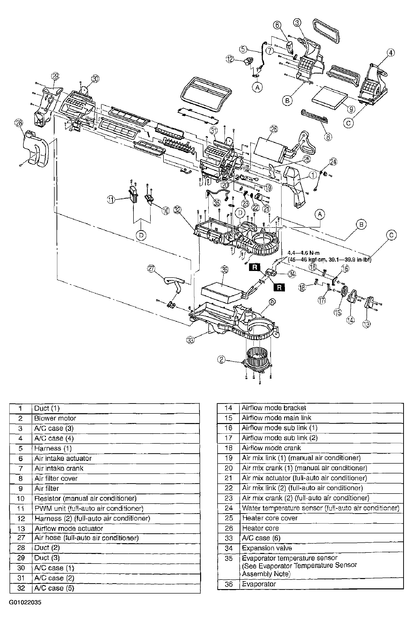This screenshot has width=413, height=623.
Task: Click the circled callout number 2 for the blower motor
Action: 221,359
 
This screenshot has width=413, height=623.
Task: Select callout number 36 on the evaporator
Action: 224,269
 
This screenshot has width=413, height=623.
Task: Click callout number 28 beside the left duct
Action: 19,123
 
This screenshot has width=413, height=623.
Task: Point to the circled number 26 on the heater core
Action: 274,129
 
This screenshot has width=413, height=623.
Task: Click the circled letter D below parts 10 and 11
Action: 141,235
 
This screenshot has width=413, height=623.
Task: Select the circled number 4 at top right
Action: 391,53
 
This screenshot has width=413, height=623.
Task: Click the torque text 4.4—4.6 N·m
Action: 303,253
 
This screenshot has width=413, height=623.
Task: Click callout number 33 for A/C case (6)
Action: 190,340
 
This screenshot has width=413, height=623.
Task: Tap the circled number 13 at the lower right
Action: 366,324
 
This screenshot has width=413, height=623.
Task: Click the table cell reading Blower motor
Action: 55,418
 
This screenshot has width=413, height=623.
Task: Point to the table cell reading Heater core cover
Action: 270,518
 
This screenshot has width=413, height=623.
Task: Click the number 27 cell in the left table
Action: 21,538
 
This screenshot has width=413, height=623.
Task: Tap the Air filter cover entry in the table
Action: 56,478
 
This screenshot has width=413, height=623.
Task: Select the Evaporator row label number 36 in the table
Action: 229,584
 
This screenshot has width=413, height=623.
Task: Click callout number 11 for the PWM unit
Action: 111,200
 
